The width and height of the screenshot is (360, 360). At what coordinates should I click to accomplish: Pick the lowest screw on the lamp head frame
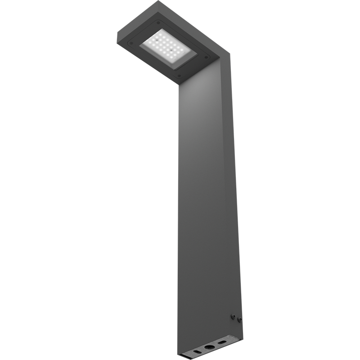(180, 76)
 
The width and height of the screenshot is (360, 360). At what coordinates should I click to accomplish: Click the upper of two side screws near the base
(233, 316)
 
